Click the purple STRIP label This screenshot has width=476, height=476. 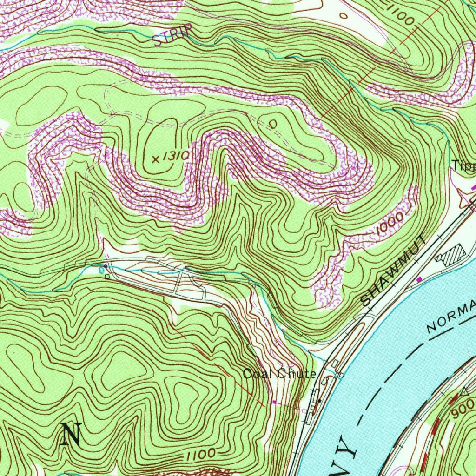[172, 36]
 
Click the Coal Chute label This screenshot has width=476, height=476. [279, 374]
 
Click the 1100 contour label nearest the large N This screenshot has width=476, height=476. [201, 453]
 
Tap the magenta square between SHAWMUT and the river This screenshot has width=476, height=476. [420, 279]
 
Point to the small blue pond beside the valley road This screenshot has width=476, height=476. [102, 270]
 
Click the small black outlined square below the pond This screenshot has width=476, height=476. [107, 277]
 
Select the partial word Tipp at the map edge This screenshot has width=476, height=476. [464, 165]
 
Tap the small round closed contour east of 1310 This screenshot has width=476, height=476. [273, 124]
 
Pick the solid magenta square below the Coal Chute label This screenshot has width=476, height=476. [274, 402]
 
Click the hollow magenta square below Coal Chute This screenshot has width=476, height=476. [304, 411]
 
